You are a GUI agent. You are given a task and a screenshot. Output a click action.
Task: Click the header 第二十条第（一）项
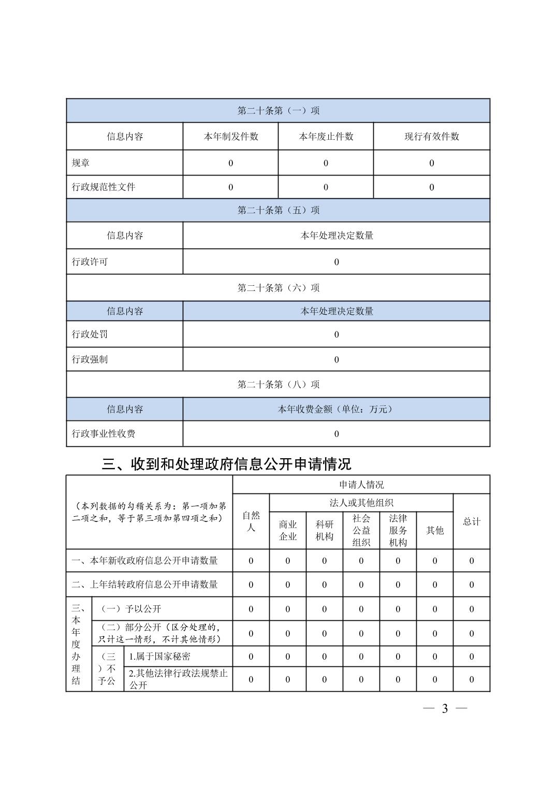(278, 111)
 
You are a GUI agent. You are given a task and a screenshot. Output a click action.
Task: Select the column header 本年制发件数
(230, 137)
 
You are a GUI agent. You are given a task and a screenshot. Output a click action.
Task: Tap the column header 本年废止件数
(326, 137)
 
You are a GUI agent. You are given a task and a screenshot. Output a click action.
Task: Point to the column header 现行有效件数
(431, 137)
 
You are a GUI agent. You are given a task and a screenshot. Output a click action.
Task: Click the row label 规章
(81, 163)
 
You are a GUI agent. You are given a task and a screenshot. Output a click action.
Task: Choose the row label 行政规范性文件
(104, 187)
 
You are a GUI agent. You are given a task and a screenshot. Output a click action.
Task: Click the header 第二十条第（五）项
(278, 210)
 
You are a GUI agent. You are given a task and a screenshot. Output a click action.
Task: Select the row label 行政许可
(90, 262)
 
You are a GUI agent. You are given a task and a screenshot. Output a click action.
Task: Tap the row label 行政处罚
(90, 334)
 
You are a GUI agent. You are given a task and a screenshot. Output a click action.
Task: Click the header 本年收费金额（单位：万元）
(336, 409)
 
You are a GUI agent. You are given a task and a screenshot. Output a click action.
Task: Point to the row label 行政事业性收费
(104, 434)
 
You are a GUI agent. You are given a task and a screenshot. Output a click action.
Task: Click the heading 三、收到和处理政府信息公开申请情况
(226, 464)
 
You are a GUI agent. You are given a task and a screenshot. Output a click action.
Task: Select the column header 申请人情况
(361, 485)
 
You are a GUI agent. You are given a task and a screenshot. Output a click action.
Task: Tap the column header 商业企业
(287, 530)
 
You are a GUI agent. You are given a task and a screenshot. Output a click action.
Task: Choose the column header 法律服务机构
(398, 530)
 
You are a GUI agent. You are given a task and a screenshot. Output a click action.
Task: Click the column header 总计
(471, 521)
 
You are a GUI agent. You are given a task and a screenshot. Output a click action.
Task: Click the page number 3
(445, 709)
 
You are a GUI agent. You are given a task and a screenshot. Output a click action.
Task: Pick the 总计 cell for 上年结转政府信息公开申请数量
(471, 585)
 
